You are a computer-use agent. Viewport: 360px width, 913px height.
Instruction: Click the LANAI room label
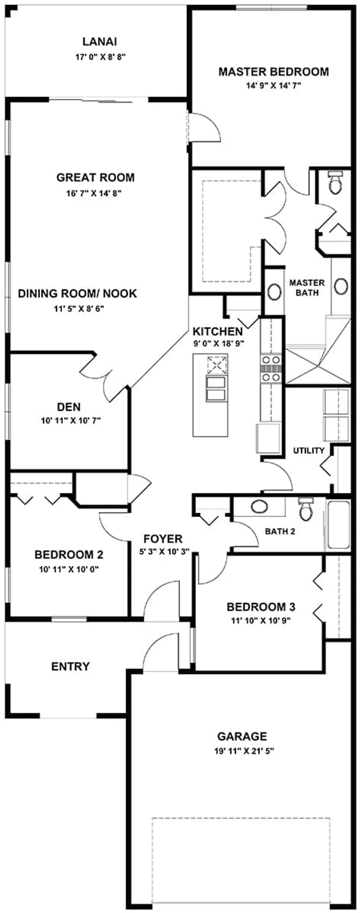(100, 42)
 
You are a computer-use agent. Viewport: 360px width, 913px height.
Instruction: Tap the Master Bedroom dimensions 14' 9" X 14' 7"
(273, 86)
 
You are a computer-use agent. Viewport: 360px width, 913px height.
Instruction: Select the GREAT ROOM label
(95, 177)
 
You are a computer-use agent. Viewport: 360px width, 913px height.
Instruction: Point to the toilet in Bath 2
(305, 509)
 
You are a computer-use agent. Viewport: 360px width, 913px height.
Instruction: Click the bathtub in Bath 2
(338, 525)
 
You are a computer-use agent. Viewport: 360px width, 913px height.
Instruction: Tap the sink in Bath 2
(259, 507)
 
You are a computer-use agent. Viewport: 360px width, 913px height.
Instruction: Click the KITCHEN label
(218, 332)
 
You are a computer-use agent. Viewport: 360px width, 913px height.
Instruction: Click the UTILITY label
(309, 451)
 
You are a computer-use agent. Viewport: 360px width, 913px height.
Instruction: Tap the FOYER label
(163, 539)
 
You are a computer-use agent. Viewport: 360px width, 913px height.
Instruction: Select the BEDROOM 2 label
(69, 555)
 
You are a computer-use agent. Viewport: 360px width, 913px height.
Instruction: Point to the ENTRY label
(70, 667)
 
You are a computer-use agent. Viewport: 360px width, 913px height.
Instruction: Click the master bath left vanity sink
(275, 292)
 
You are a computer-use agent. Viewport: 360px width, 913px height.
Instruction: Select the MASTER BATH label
(307, 288)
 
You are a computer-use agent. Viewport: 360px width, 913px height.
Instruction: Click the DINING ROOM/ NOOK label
(77, 293)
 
